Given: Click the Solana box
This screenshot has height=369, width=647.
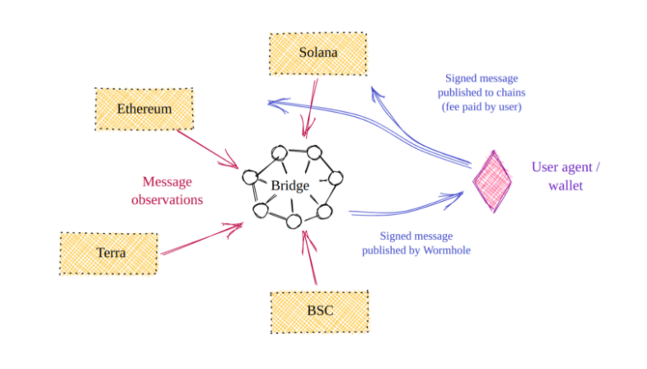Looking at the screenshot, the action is click(x=318, y=54).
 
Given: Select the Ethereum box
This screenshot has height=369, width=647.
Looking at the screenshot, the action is click(x=144, y=109).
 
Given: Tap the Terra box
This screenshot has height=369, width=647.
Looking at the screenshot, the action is click(x=109, y=254).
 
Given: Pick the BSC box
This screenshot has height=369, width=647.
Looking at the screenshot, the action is click(x=319, y=312).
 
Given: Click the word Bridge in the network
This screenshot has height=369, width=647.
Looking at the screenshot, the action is click(x=290, y=186).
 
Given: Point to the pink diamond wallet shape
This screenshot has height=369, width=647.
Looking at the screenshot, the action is click(x=492, y=181).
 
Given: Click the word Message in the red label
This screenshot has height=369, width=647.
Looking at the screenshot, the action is click(x=167, y=182).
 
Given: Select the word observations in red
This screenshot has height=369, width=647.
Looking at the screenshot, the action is click(x=167, y=200).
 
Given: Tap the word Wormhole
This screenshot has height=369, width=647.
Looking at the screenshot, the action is click(x=447, y=250).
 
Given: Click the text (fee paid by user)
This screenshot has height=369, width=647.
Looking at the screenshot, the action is click(x=481, y=107).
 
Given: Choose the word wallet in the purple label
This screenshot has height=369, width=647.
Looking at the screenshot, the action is click(x=566, y=186).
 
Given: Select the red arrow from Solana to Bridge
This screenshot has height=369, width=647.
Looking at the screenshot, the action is click(x=310, y=108).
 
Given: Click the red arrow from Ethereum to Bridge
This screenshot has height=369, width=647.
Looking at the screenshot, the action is click(x=208, y=149).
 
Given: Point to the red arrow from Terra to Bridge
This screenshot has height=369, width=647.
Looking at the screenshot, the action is click(x=202, y=238).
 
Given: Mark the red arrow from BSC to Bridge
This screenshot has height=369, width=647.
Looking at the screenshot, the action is click(x=309, y=258).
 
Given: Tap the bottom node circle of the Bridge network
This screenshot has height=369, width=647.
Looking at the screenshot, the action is click(x=294, y=222).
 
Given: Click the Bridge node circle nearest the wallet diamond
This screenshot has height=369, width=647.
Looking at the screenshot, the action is click(x=335, y=178).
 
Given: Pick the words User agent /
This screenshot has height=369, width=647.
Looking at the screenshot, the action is click(x=566, y=167).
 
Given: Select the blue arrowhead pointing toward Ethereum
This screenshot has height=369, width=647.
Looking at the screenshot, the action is click(x=277, y=104).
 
